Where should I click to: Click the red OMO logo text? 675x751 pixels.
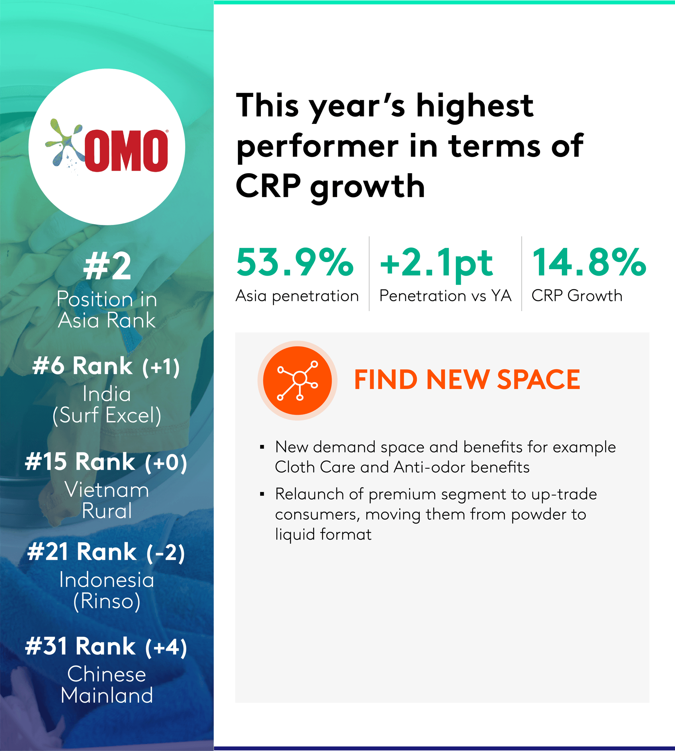(126, 151)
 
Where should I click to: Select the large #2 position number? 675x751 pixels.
(107, 266)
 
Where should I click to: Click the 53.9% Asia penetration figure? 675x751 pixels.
(295, 262)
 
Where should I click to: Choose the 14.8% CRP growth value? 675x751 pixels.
(589, 262)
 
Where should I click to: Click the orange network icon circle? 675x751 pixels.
(297, 380)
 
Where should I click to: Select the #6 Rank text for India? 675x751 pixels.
(82, 365)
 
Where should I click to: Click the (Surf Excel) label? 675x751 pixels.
(107, 415)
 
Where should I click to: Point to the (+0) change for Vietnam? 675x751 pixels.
(166, 463)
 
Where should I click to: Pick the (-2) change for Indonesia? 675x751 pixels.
(166, 553)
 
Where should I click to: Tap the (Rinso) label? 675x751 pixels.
(107, 601)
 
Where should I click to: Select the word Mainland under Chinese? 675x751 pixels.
(107, 695)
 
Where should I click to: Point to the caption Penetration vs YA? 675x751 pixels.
(445, 296)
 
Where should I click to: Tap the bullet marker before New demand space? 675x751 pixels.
(262, 447)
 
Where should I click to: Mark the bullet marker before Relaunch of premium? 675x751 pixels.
(262, 494)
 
